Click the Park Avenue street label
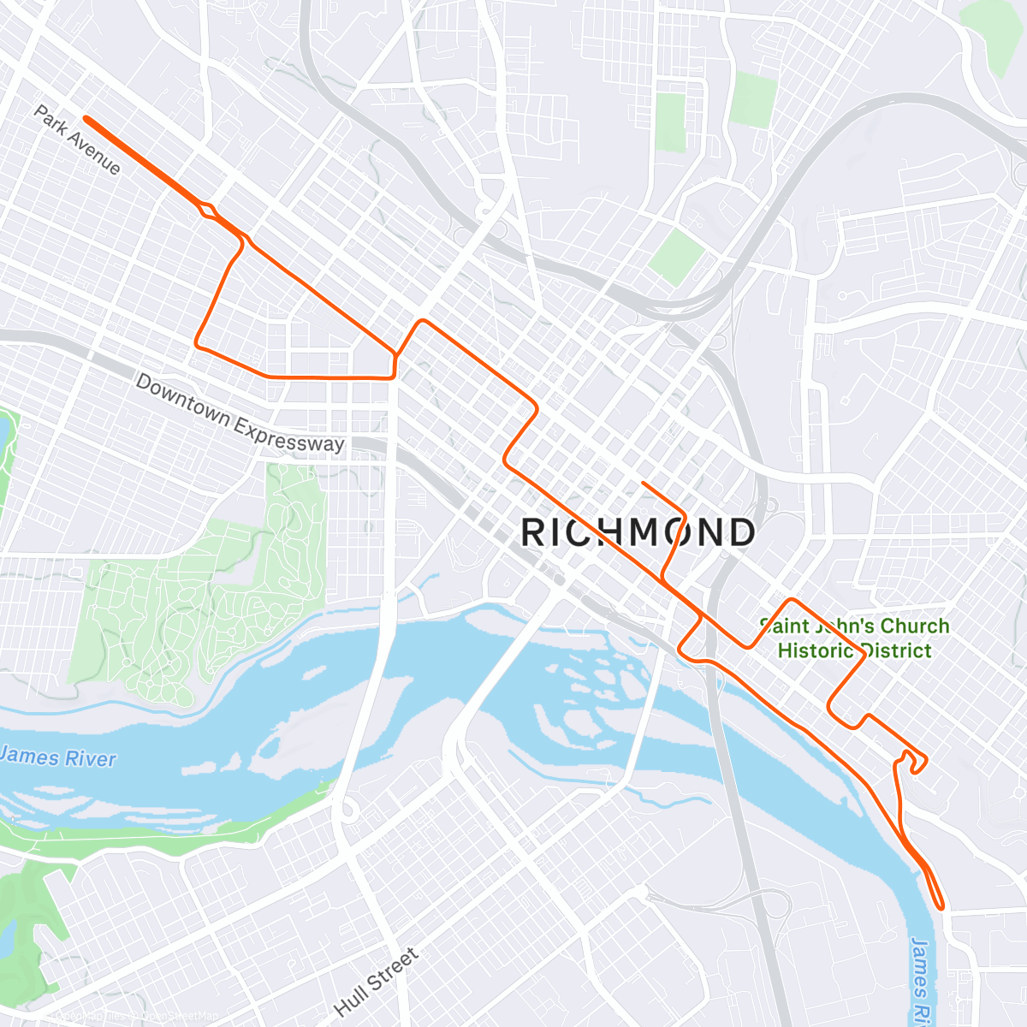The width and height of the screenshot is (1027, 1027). [77, 140]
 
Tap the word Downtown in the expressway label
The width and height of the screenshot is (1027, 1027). [182, 400]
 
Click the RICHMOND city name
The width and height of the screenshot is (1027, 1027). [638, 532]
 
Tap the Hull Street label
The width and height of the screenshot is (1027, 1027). [377, 982]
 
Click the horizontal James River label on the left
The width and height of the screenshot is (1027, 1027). [57, 757]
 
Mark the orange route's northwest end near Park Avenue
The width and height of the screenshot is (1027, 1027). [86, 119]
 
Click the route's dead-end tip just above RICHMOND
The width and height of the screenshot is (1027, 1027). [643, 484]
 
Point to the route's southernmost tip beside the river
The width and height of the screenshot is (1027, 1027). [941, 905]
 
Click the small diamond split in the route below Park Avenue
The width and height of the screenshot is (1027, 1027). [207, 210]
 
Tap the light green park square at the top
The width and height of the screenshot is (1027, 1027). [753, 100]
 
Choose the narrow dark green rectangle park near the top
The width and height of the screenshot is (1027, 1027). [672, 122]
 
